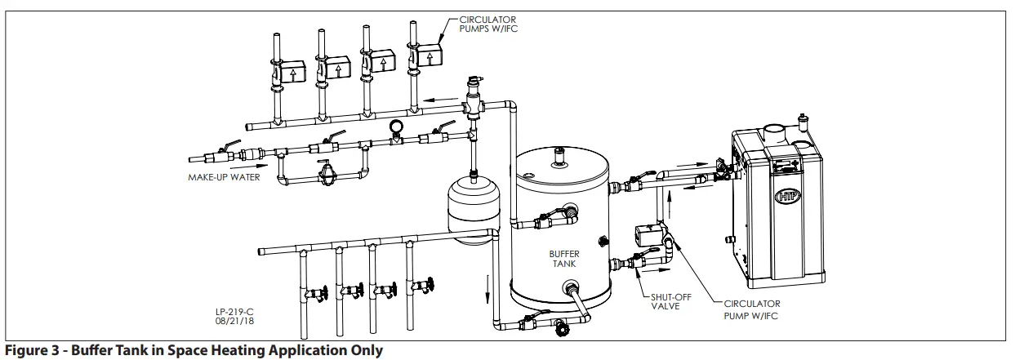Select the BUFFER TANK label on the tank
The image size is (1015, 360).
[x=563, y=260]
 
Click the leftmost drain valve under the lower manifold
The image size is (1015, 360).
[x=314, y=292]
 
